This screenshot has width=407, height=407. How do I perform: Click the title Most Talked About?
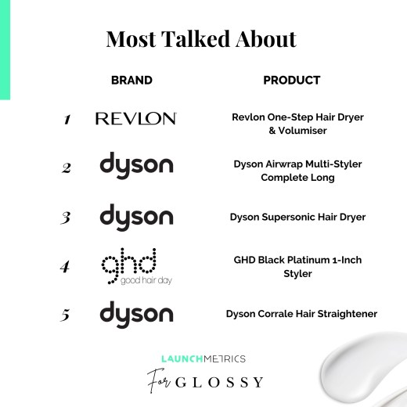201,39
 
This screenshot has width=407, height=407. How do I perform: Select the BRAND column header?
131,81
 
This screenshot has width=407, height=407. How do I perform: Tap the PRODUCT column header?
292,81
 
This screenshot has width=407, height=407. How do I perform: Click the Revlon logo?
136,118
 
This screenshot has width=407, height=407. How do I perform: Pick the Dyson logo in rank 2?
136,165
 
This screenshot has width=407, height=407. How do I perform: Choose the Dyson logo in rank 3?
136,218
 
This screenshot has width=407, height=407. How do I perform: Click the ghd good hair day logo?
137,266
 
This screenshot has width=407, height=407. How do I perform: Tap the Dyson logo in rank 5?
136,315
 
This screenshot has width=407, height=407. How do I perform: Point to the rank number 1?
67,119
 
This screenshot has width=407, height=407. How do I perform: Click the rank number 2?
67,168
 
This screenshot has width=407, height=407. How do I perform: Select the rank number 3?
66,218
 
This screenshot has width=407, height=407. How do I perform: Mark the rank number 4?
65,266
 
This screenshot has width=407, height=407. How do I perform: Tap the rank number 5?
65,315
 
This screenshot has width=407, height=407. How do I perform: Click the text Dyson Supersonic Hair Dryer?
297,217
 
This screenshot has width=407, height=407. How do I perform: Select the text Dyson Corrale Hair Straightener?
301,314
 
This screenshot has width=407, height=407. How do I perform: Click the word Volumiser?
302,131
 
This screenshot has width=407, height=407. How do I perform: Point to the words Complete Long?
297,178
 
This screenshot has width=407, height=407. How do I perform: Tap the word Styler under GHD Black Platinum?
297,274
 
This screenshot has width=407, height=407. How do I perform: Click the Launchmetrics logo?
203,358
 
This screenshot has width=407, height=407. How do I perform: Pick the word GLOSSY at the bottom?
219,383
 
